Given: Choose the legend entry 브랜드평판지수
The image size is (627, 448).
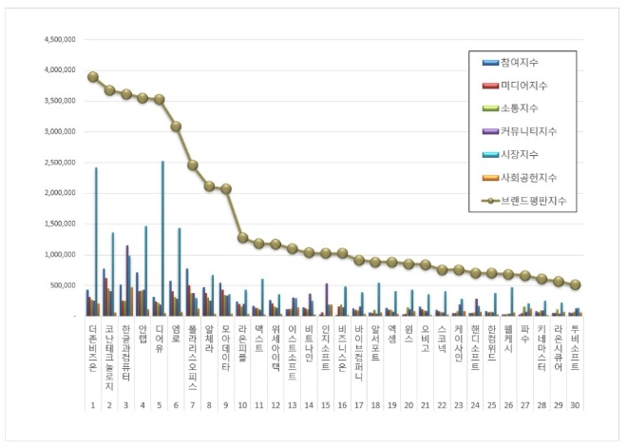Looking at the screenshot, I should tap(531, 201).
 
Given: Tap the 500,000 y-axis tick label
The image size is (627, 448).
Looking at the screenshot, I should tap(66, 285).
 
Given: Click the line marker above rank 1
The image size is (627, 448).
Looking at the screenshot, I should tap(92, 77).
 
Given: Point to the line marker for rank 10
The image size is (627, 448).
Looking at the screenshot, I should tap(243, 238).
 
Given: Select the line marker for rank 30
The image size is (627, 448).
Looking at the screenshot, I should tap(576, 284).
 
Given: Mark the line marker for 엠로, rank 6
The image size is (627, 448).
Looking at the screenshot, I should tap(176, 127).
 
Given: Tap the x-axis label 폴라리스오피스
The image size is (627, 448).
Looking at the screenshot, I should tap(193, 358).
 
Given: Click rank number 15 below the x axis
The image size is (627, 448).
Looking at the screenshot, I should tap(325, 404).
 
